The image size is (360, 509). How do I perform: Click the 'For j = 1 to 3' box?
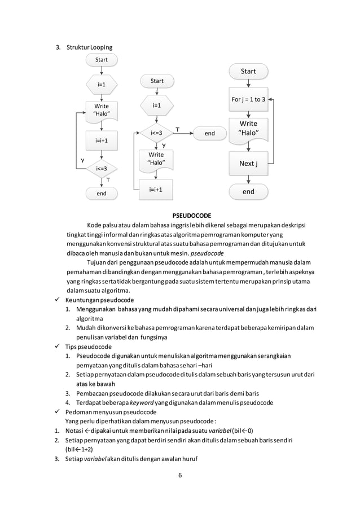point(248,99)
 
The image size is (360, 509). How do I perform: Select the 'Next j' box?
point(248,164)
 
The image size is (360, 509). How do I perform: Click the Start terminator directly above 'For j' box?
point(248,71)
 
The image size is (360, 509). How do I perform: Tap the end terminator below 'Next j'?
point(248,192)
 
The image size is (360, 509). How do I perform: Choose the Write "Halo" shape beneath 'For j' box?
point(248,129)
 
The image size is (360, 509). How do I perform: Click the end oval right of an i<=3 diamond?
point(209,133)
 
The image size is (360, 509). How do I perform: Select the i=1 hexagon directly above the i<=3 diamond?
point(157,106)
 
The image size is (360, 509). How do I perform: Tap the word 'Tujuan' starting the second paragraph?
point(96,262)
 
